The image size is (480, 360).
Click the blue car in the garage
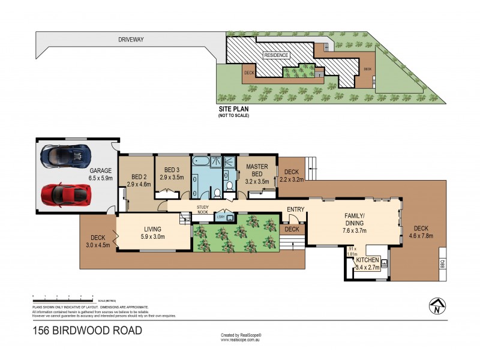64,155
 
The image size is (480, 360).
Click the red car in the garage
66,193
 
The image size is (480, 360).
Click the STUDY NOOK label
202,209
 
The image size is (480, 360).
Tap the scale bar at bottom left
62,297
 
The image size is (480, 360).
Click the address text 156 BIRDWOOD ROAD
88,331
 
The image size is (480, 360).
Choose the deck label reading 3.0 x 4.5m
98,241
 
